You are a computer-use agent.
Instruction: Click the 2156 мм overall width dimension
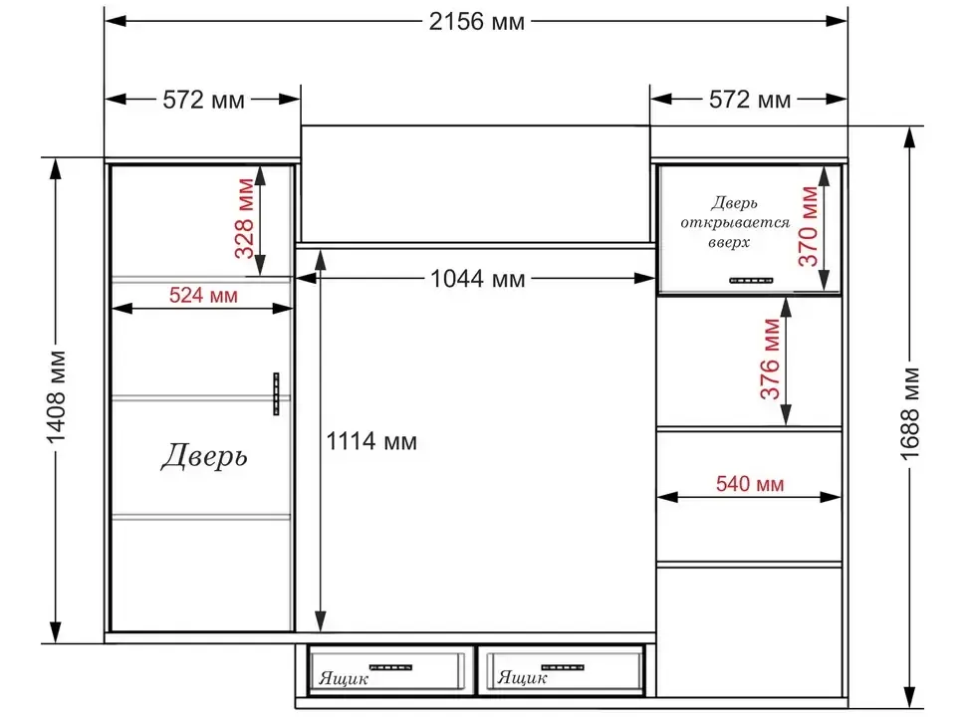[x=477, y=22]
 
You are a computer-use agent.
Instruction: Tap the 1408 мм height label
[x=56, y=397]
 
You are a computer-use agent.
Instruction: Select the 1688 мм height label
[x=910, y=414]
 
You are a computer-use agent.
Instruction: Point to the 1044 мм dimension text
[x=477, y=279]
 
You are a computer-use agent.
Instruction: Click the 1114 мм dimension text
[x=371, y=441]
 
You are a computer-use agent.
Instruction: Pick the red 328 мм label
[x=245, y=218]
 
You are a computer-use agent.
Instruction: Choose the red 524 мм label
[x=203, y=295]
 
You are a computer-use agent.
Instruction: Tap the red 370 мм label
[x=809, y=226]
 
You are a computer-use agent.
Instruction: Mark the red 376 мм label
[x=770, y=359]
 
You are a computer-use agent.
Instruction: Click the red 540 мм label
[x=750, y=484]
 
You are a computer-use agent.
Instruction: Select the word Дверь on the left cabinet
[x=204, y=456]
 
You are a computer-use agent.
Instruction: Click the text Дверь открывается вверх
[x=734, y=222]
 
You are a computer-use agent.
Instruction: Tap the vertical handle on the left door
[x=276, y=393]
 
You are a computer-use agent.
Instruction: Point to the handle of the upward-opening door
[x=751, y=280]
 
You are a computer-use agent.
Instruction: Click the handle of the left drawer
[x=390, y=667]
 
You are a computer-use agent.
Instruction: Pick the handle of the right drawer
[x=563, y=667]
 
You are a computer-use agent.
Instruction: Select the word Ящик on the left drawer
[x=344, y=679]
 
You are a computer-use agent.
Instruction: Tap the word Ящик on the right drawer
[x=522, y=678]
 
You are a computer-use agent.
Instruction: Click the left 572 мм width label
[x=203, y=100]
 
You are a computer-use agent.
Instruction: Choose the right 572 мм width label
[x=750, y=100]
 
